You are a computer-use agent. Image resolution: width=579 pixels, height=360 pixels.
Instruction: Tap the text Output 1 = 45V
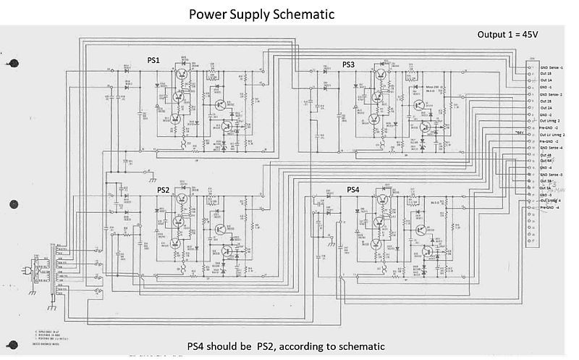tap(515, 34)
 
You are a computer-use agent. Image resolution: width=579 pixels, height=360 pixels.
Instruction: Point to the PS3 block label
tap(348, 64)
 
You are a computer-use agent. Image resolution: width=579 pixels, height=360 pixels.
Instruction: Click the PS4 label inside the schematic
tap(353, 190)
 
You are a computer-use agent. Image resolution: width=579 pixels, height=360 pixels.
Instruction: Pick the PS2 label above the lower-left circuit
tap(163, 190)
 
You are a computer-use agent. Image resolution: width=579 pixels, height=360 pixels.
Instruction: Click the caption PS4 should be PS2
tap(285, 346)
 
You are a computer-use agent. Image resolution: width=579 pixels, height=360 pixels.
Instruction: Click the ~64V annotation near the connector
tap(518, 133)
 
